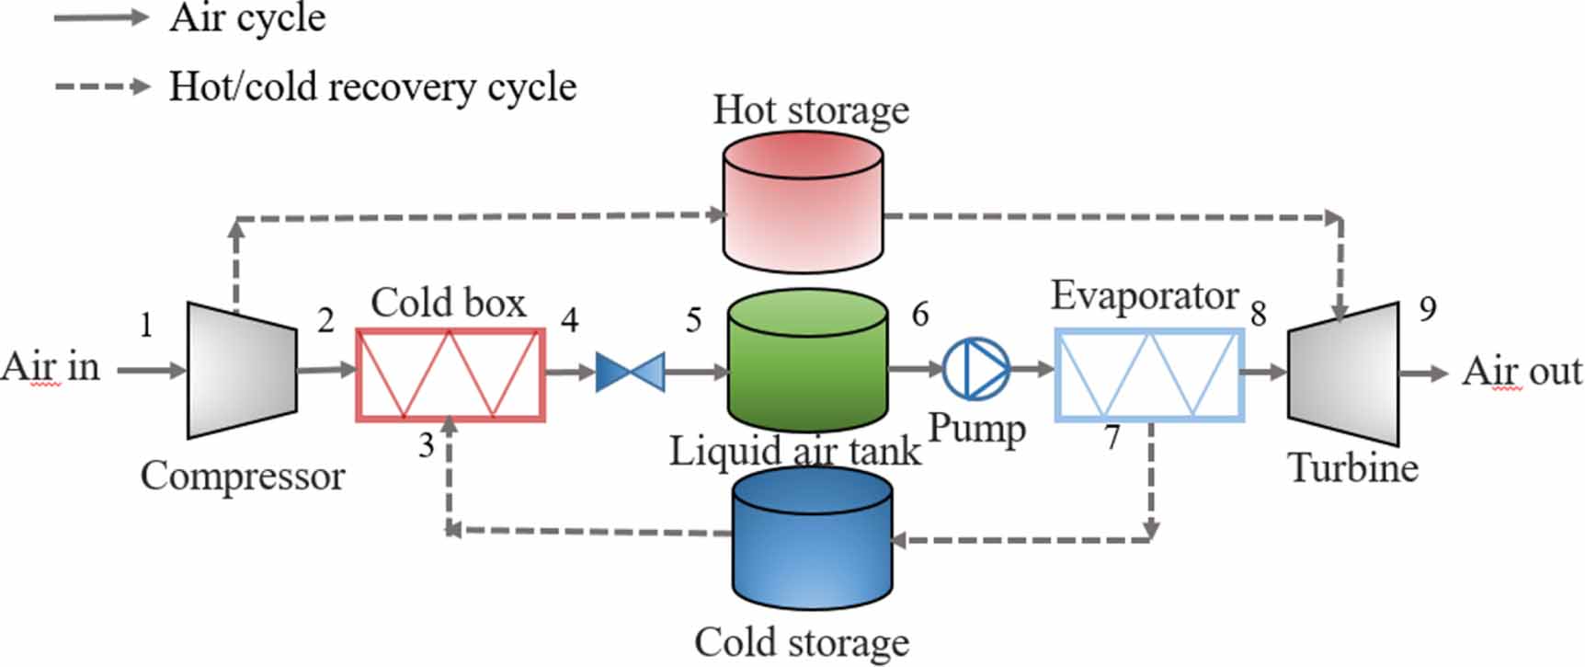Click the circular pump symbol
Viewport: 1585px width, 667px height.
pos(976,369)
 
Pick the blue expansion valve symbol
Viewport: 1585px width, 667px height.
pos(630,372)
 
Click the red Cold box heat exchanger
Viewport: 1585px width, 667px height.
pos(450,374)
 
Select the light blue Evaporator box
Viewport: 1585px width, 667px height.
pos(1148,374)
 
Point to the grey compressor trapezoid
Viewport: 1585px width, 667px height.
pos(241,370)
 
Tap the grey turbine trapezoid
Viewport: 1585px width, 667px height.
pos(1343,374)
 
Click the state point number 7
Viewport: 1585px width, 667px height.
pos(1112,437)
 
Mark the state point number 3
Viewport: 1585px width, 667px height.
pos(426,445)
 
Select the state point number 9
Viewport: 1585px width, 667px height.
pos(1427,308)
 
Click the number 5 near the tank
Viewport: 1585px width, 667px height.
pos(693,320)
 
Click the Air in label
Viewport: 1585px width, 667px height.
pos(50,366)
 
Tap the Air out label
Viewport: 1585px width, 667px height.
pos(1522,372)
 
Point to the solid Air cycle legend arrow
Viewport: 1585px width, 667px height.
pos(101,17)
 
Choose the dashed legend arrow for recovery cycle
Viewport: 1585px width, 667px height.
pos(101,86)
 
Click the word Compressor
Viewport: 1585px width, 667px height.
pos(243,476)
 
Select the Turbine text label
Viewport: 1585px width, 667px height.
pos(1352,467)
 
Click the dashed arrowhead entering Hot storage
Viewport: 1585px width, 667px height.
pos(716,214)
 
